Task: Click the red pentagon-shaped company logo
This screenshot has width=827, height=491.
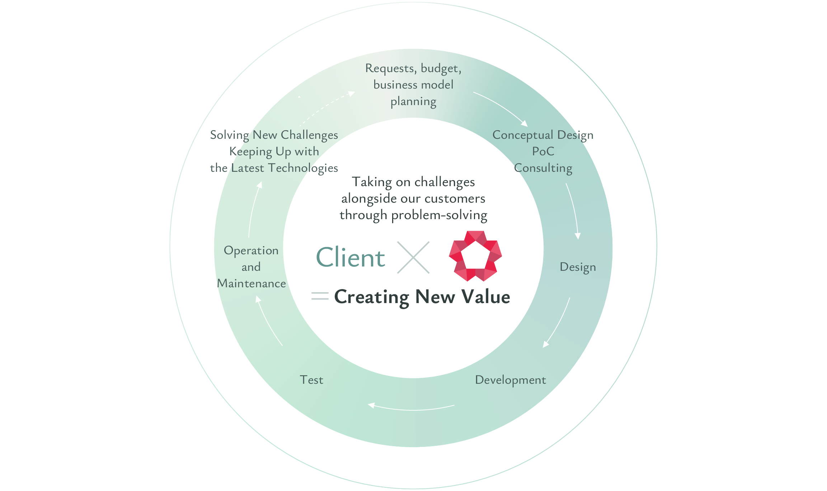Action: [x=475, y=256]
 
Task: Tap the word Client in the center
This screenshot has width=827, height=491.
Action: [x=351, y=258]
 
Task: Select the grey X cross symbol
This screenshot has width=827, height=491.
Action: [x=413, y=258]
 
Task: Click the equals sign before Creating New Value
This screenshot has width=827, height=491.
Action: [x=320, y=296]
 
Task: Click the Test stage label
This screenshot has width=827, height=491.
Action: [x=311, y=380]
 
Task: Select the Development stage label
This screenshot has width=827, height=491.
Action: [x=510, y=380]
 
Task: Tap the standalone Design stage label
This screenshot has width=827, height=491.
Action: [x=578, y=267]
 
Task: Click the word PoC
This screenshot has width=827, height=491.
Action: [x=543, y=151]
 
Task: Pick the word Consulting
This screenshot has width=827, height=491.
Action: [x=543, y=168]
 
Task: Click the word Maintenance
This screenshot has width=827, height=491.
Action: [x=251, y=283]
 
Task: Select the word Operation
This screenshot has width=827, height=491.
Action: [x=251, y=250]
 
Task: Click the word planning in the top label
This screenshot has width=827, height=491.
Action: [x=413, y=101]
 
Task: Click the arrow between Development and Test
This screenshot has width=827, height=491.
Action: [x=411, y=408]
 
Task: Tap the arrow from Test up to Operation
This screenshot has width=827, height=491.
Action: [x=268, y=321]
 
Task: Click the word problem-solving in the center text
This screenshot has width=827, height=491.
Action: [x=439, y=215]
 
